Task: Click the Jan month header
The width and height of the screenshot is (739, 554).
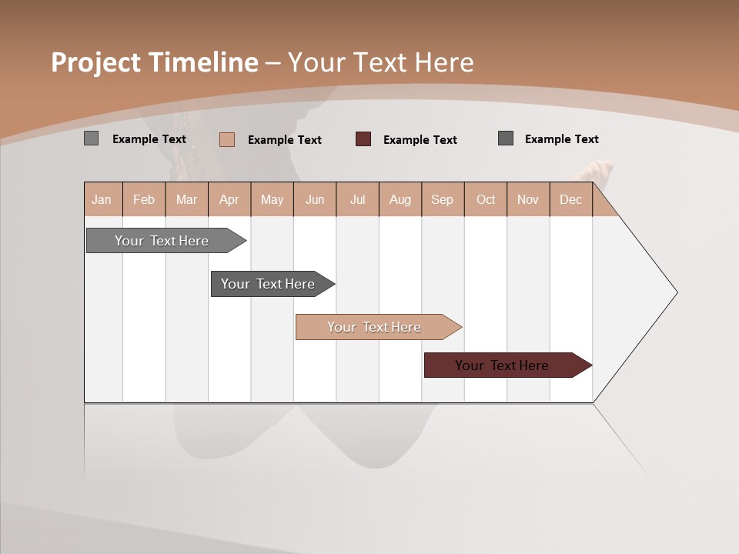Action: tap(102, 199)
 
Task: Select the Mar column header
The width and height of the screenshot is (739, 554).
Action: tap(186, 199)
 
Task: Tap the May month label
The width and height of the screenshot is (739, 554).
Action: tap(272, 199)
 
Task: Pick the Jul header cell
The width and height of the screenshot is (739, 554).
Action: tap(357, 199)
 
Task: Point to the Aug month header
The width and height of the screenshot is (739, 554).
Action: tap(400, 199)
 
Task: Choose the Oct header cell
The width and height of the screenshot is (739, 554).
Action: tap(486, 199)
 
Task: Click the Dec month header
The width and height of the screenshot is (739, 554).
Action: tap(570, 199)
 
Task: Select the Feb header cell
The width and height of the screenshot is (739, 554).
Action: tap(144, 199)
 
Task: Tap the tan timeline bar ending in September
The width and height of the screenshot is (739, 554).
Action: tap(375, 327)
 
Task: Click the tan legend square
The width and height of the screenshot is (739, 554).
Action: tap(226, 139)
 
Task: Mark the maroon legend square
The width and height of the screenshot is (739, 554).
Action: tap(363, 139)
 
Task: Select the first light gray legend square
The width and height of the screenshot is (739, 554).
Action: tap(91, 138)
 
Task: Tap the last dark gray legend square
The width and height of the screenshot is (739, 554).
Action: tap(506, 138)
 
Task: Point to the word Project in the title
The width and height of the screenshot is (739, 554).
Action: tap(96, 62)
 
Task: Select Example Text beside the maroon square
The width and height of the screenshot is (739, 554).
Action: tap(420, 140)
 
